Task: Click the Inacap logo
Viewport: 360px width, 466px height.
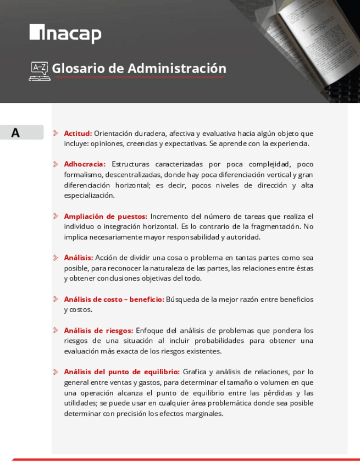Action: click(65, 34)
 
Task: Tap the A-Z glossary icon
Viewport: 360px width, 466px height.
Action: click(40, 71)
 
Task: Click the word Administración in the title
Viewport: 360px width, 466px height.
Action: click(177, 69)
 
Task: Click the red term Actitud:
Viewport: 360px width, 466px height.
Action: click(77, 133)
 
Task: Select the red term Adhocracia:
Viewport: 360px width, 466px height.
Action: click(85, 164)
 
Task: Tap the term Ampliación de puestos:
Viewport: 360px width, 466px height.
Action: click(105, 216)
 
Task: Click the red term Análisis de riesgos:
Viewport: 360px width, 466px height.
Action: click(98, 330)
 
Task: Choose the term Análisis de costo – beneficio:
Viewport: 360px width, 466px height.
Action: click(114, 299)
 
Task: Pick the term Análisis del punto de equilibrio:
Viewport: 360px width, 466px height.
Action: click(121, 371)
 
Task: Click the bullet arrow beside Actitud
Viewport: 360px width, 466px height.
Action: click(56, 133)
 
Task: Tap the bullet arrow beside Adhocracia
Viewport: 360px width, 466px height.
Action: click(56, 164)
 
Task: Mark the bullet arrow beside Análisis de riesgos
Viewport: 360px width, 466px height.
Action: click(56, 330)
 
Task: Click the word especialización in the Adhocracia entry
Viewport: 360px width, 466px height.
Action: click(89, 195)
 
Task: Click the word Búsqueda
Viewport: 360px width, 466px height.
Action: click(182, 299)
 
